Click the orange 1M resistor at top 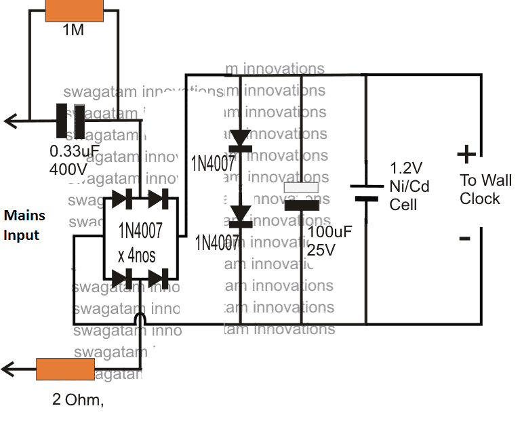click(73, 10)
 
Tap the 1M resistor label click(73, 30)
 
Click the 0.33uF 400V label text click(70, 160)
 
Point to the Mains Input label click(24, 225)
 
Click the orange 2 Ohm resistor click(65, 369)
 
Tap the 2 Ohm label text click(78, 400)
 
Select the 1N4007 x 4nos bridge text click(140, 241)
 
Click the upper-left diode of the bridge click(122, 199)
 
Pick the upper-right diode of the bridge click(157, 199)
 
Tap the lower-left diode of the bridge click(122, 278)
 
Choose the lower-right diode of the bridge click(157, 278)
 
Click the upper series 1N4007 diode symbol click(241, 140)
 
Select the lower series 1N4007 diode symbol click(241, 216)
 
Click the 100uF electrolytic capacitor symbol click(301, 196)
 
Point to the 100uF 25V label click(329, 241)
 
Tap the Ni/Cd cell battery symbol click(367, 193)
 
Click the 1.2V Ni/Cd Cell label click(409, 186)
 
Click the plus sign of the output click(466, 155)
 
